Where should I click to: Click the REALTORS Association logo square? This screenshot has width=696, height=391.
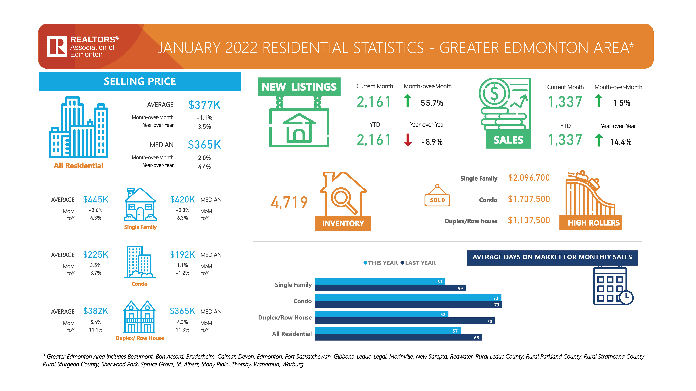point(57,46)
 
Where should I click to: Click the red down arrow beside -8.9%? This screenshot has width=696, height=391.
point(407,140)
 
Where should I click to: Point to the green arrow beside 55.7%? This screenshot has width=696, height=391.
point(407,100)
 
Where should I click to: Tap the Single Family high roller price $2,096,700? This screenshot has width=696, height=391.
point(529,178)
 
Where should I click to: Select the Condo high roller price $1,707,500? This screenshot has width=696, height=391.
point(529,199)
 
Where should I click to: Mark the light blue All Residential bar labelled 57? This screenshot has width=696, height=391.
point(388,331)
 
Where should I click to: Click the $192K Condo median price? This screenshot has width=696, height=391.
point(182,255)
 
